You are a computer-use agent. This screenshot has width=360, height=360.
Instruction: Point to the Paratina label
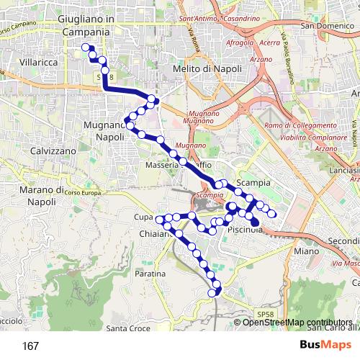point(150,274)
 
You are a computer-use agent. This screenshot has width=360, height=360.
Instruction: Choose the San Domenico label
point(328,27)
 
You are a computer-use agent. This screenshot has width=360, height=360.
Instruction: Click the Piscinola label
point(246,229)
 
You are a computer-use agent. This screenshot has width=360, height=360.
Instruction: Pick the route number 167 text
point(30,346)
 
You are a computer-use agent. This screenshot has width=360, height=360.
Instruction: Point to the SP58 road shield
point(265,314)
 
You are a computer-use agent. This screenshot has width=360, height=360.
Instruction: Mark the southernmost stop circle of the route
point(212,294)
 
